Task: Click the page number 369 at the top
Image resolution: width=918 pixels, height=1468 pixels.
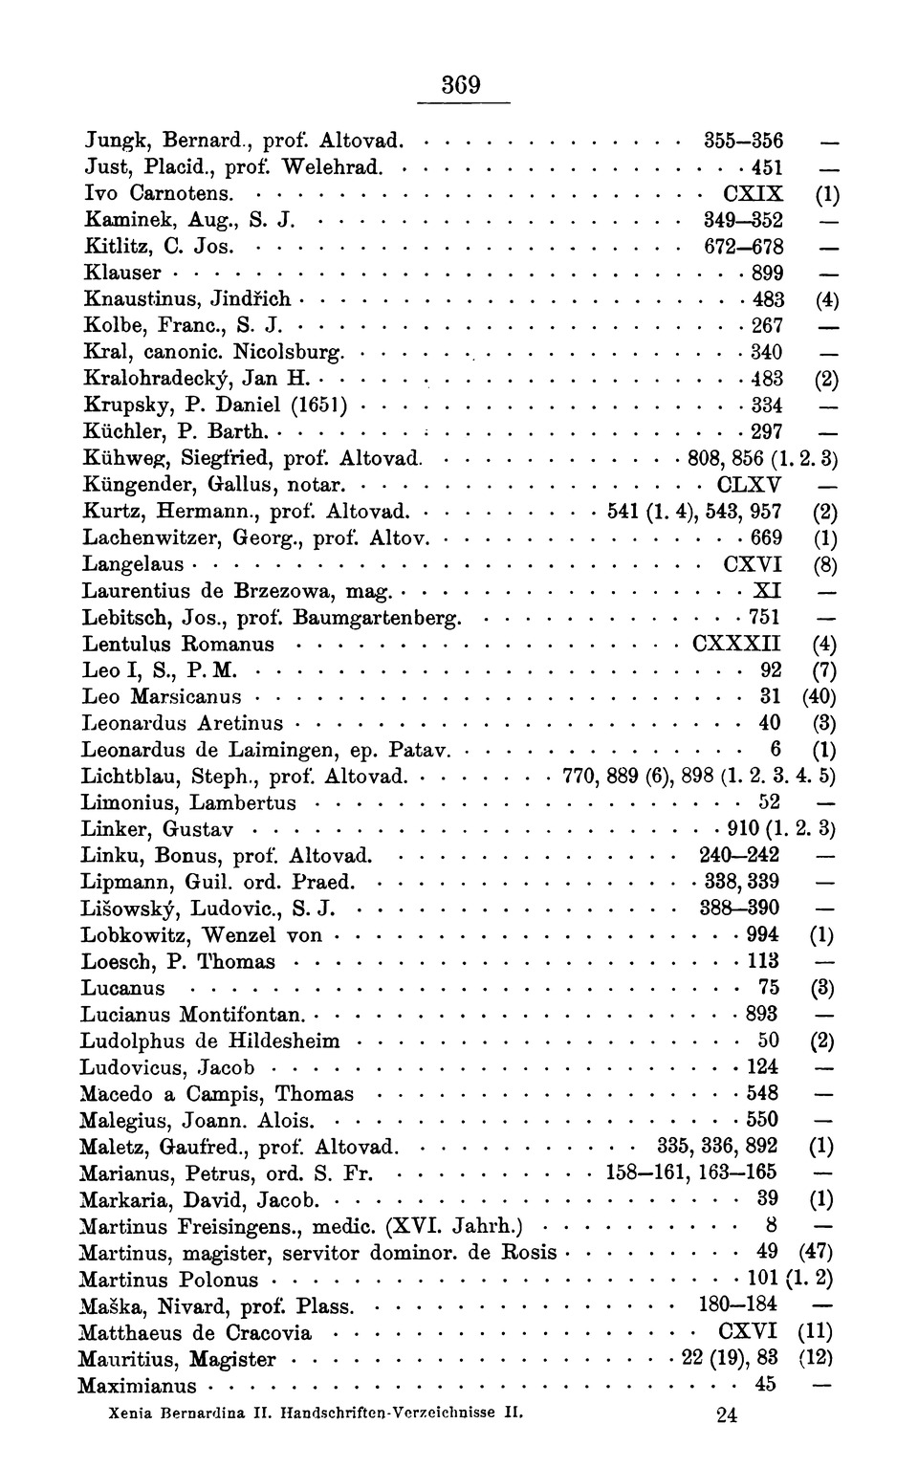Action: click(460, 85)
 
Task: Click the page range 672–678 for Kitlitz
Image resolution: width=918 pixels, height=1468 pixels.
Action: click(743, 247)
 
